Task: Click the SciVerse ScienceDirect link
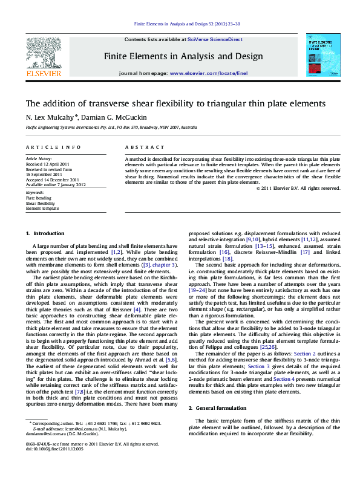(x=215, y=39)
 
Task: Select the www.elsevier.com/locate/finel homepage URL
(x=209, y=73)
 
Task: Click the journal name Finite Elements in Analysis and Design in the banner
(x=183, y=56)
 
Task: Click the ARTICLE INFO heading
(x=53, y=148)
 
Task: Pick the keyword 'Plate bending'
(x=39, y=198)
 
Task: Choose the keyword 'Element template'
(x=42, y=208)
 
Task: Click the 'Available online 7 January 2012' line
(x=56, y=185)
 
